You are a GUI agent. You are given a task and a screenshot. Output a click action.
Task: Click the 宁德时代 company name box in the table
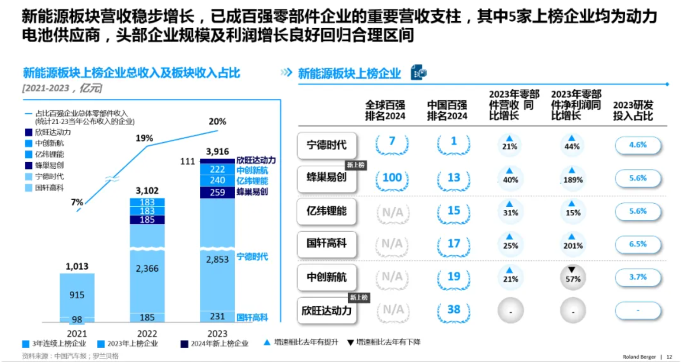tap(327, 145)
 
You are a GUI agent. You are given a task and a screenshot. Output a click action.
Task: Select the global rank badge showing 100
tap(392, 178)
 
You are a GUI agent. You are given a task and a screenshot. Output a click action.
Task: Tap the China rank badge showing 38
tap(454, 310)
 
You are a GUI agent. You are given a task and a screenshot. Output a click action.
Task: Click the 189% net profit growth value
tap(573, 180)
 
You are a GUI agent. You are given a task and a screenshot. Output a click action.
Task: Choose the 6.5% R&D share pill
tap(638, 244)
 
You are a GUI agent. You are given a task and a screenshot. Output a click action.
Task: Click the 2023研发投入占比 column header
tap(633, 110)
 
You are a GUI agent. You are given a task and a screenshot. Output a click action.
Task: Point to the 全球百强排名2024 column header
tap(385, 110)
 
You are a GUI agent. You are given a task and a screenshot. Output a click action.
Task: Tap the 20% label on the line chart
tap(217, 121)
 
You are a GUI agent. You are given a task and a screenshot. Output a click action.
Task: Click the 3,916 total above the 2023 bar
tap(217, 152)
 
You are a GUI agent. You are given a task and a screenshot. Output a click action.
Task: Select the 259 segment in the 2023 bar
tap(217, 193)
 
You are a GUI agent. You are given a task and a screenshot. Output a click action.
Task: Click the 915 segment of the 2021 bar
tap(77, 295)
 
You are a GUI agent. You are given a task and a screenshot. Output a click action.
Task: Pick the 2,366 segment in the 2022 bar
tap(147, 269)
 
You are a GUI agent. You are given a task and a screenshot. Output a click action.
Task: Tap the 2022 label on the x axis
tap(147, 334)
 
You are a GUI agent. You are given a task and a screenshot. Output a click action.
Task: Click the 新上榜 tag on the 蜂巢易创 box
tap(356, 165)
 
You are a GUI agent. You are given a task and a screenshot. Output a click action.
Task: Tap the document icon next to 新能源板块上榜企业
tap(418, 72)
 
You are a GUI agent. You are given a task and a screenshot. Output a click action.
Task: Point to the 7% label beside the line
tap(77, 202)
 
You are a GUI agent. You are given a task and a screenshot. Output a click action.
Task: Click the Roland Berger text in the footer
tap(639, 356)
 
